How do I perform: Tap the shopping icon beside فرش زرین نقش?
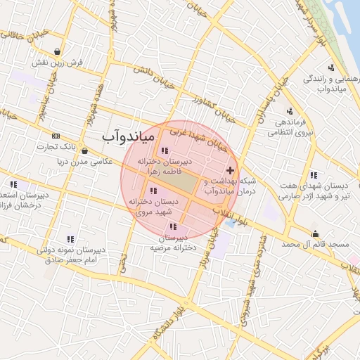(56, 51)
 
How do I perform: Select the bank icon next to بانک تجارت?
(56, 136)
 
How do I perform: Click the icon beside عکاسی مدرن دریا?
(84, 150)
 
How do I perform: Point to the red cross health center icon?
(231, 171)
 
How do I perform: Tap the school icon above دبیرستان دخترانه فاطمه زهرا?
(164, 150)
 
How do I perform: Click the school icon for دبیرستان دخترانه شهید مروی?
(153, 191)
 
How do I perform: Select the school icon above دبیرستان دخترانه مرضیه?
(173, 226)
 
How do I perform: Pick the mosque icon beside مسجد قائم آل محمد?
(314, 234)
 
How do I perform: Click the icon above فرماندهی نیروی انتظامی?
(290, 111)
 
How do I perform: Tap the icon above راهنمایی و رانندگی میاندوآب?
(331, 67)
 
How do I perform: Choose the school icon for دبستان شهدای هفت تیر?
(313, 174)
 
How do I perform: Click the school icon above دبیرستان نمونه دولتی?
(70, 239)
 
